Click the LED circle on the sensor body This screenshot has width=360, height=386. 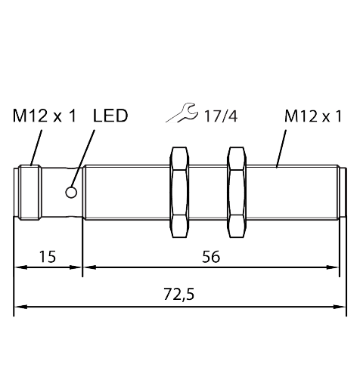click(71, 193)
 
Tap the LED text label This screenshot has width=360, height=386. click(110, 116)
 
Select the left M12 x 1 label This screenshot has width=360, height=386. click(45, 116)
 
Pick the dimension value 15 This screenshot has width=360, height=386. click(47, 257)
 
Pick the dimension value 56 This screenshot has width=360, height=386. click(211, 257)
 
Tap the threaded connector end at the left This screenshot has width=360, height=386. click(29, 193)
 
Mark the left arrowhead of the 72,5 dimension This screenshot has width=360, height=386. click(20, 306)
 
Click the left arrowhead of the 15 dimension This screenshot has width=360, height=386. click(20, 266)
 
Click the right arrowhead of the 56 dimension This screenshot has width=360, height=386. click(334, 266)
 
